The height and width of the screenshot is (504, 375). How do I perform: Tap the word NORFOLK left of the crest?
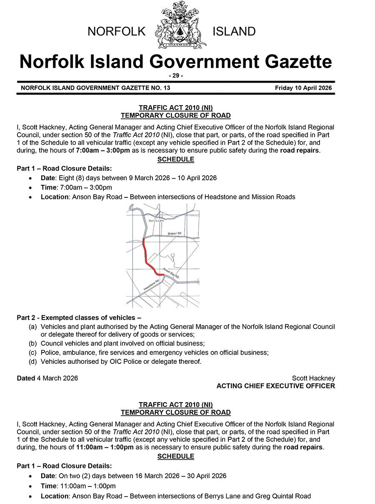click(116, 32)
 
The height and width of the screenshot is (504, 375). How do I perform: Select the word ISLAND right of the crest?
click(234, 32)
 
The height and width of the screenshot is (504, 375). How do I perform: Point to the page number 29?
click(176, 76)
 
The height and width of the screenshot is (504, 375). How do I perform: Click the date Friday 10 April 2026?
click(303, 88)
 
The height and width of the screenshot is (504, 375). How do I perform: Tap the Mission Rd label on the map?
click(175, 234)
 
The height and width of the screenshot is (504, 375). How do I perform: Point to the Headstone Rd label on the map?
click(151, 285)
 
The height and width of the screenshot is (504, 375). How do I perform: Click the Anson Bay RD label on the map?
click(171, 273)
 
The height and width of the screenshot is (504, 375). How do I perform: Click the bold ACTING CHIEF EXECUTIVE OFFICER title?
click(275, 386)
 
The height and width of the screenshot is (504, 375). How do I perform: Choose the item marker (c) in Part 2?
click(32, 353)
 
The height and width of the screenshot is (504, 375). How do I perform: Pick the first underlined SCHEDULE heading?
click(175, 159)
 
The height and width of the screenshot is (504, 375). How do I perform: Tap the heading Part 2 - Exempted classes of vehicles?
click(79, 318)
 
